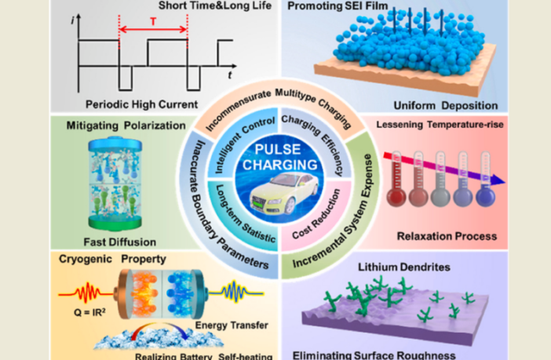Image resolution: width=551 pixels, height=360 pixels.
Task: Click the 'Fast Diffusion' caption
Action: [111, 242]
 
